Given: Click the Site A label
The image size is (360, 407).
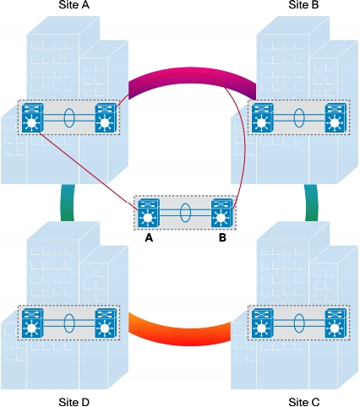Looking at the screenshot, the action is pos(74,4).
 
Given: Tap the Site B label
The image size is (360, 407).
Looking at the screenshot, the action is pos(303,4).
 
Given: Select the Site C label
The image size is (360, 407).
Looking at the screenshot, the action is pos(304,402).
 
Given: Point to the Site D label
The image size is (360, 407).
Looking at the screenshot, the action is pos(74,402).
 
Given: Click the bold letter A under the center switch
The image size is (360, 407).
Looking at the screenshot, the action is pos(149,238).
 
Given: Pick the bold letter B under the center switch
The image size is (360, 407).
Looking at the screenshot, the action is pos(222,238).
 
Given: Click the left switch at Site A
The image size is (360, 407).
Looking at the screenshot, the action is pos(33,117).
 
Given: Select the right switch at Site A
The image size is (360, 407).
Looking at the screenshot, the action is pos(106,117).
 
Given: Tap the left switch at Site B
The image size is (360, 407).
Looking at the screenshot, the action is pos(263,117).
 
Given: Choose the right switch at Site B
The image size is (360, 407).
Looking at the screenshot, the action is pos(335,117).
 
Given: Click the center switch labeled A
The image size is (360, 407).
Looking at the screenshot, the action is pos(149,213).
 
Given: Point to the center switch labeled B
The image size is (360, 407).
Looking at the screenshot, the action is pos(222,213).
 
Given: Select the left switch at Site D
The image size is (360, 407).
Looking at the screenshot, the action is pos(33,323).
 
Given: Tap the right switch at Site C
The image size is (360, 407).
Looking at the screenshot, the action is pos(335,323).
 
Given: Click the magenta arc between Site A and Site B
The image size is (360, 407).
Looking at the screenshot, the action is pos(192,75).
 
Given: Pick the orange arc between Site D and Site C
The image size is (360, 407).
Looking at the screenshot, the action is pos(180,335).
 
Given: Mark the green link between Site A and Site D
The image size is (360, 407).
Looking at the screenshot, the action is pos(68,203).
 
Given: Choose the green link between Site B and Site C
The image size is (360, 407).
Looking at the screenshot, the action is pos(312,203).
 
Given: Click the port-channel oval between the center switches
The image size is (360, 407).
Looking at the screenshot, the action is pos(185,213).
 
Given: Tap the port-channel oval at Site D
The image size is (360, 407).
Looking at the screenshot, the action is pos(69,323).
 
